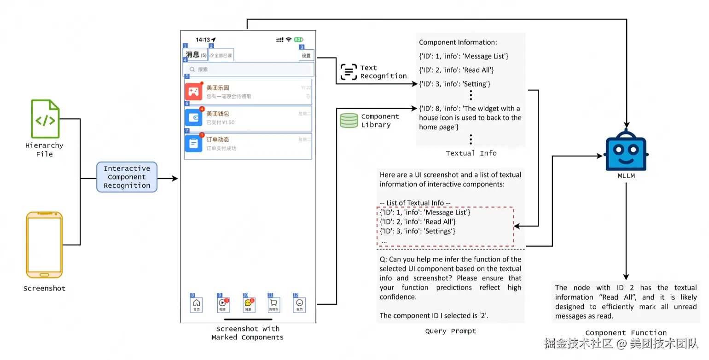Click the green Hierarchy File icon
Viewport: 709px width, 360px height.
(45, 119)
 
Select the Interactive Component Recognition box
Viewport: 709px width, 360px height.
(127, 177)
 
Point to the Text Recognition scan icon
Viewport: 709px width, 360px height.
(349, 72)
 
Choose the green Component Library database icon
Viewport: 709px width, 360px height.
(349, 121)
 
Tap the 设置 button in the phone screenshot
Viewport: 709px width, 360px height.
(306, 56)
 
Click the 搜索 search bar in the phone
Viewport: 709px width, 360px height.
(249, 69)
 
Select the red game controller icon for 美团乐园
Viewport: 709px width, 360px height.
(194, 92)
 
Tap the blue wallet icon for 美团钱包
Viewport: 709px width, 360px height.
(194, 117)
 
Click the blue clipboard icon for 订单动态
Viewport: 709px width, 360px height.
(194, 143)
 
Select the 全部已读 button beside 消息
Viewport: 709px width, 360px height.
(221, 56)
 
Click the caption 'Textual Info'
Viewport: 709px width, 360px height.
(471, 153)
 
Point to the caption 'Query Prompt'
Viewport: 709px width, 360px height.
(450, 331)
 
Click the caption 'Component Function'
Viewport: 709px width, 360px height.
(626, 333)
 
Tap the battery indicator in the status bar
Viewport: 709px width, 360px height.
(298, 40)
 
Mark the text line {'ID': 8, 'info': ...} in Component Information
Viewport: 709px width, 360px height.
(469, 109)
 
